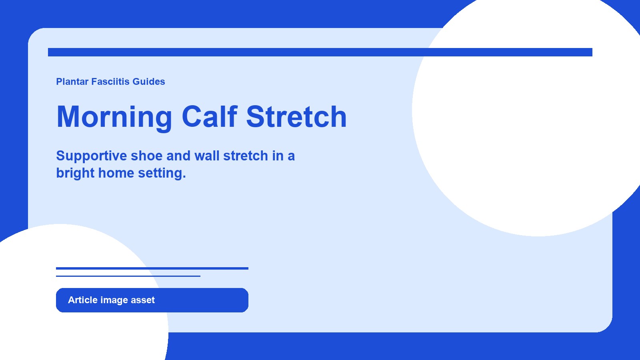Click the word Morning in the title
point(114,117)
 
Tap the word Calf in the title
point(210,117)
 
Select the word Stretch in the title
point(296,117)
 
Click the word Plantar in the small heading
point(72,82)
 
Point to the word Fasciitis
point(110,82)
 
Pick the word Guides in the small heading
point(149,82)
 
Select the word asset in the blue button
point(142,300)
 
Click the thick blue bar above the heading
point(320,52)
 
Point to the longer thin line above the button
point(152,268)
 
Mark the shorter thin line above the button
point(128,276)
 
